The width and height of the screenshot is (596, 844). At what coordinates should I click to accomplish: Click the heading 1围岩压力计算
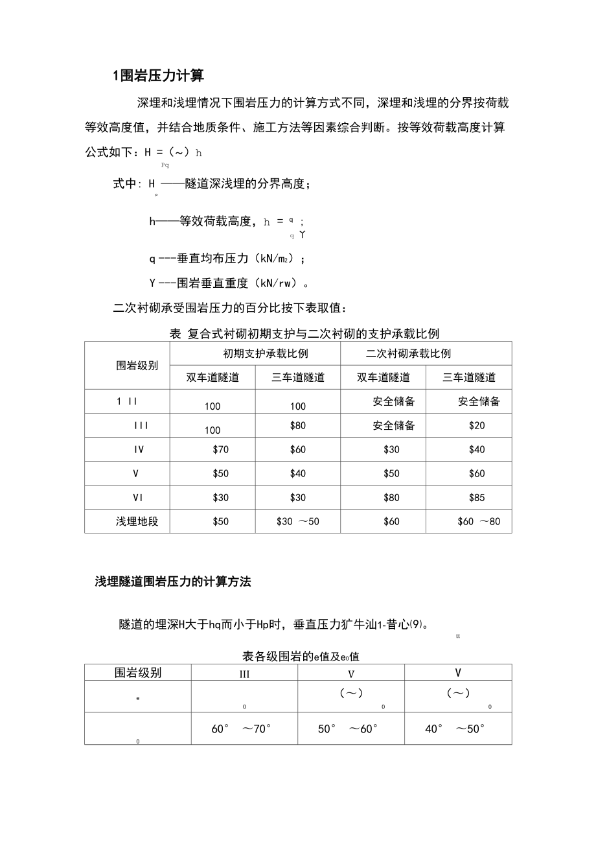coord(158,76)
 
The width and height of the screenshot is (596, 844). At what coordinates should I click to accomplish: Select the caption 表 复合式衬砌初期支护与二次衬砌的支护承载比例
coord(304,334)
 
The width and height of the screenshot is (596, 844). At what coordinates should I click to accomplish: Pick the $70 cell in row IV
coord(220,449)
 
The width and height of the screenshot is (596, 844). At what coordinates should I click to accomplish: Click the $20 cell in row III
coord(477,426)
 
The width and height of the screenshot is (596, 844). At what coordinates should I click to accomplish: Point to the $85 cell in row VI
coord(477,498)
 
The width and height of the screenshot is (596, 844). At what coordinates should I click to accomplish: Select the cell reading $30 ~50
coord(297,521)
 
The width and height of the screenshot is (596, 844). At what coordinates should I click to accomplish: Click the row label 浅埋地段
coord(137,521)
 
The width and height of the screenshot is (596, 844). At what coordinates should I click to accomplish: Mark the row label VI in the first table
coord(137,498)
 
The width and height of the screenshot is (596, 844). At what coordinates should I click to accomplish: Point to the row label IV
coord(138,449)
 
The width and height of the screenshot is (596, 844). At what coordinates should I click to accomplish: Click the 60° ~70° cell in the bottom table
coord(241,729)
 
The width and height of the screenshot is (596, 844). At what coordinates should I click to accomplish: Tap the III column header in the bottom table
coord(244,674)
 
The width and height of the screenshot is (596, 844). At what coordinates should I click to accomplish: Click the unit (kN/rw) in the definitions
coord(279,283)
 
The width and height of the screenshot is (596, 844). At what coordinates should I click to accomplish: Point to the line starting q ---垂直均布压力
coord(227,259)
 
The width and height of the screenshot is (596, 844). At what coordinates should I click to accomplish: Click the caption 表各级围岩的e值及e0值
coord(301,656)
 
